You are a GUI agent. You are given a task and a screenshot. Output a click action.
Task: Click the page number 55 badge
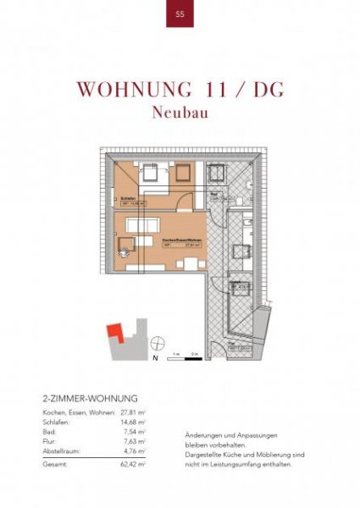point(180,14)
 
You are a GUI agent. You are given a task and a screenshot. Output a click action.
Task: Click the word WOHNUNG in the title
point(127,90)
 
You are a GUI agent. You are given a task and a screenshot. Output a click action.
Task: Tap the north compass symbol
point(157,343)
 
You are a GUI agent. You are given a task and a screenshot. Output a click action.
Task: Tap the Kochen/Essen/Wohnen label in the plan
point(180,240)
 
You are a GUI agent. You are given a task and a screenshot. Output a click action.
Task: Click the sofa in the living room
point(145,226)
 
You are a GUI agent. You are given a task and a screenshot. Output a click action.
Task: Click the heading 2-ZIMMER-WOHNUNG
point(89,397)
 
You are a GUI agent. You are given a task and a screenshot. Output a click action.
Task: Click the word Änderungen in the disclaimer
point(203,434)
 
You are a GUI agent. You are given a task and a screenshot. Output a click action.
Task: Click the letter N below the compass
point(156,358)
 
